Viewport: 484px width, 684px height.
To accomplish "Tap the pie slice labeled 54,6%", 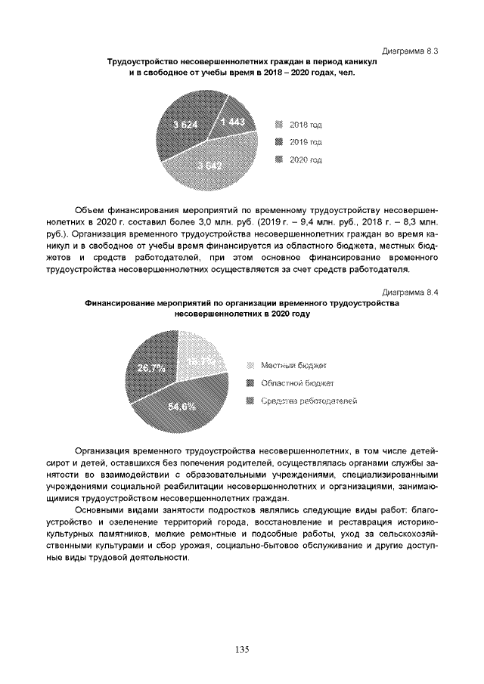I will (x=184, y=407).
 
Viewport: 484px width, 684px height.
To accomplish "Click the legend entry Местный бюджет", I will (x=288, y=366).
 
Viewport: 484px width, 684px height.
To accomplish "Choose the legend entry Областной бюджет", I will (x=291, y=383).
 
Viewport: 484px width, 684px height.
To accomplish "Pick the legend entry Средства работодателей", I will (x=302, y=401).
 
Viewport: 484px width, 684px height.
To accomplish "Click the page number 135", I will (x=242, y=649).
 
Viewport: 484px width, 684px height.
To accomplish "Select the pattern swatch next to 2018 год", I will (x=279, y=124).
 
